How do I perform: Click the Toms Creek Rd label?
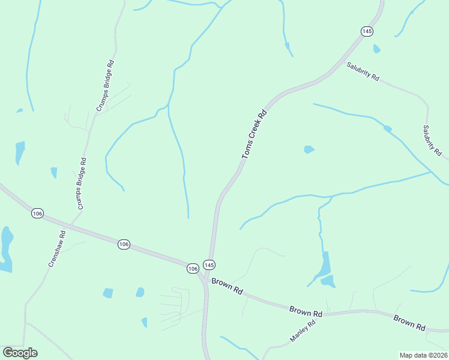coord(253,134)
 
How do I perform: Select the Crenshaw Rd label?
coord(56,248)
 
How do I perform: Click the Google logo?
coord(20,353)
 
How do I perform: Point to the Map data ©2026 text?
coord(423,355)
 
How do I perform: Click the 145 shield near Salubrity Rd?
coord(367,31)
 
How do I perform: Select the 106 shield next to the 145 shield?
coord(192,268)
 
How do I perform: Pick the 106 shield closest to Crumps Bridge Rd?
coord(37,214)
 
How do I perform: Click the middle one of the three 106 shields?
coord(124,244)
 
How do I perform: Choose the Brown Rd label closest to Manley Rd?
coord(306,311)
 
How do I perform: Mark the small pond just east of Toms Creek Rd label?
coord(309,149)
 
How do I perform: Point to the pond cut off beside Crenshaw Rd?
coord(6,247)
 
